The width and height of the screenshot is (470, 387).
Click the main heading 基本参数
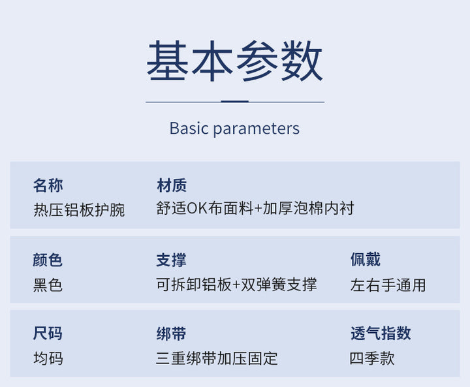click(x=234, y=61)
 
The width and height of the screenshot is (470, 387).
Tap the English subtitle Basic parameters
click(x=234, y=129)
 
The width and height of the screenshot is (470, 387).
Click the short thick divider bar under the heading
click(x=235, y=102)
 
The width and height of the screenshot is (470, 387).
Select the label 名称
click(x=48, y=185)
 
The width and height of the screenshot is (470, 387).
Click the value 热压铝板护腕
click(x=79, y=209)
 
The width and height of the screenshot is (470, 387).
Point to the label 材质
click(x=172, y=185)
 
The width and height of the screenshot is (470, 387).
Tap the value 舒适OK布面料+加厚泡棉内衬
click(x=255, y=208)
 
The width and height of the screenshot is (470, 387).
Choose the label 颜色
click(x=48, y=260)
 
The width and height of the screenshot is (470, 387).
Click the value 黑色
click(x=48, y=285)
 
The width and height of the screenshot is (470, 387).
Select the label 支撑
click(x=171, y=260)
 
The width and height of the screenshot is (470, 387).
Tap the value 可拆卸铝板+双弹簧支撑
click(x=236, y=284)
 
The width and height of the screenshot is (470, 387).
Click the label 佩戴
click(x=366, y=260)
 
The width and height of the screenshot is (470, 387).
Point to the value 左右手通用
click(x=388, y=285)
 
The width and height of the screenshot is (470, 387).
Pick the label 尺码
click(x=48, y=333)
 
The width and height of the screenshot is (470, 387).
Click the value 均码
click(x=48, y=358)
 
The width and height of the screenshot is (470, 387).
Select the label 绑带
click(x=171, y=333)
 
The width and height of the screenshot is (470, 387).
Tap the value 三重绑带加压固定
click(x=217, y=358)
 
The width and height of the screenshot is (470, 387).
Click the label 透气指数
click(x=381, y=333)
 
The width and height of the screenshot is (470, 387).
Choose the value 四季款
click(x=372, y=358)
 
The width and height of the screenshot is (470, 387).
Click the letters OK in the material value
click(x=197, y=209)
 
